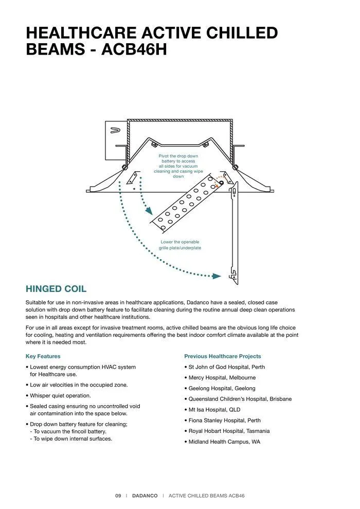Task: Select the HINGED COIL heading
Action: pos(56,289)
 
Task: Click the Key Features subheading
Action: pos(43,356)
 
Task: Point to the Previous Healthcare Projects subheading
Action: pos(222,356)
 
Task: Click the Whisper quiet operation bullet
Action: pos(60,395)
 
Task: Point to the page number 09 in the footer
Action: pos(118,496)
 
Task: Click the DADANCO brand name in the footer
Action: pos(145,496)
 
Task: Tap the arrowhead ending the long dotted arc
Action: pos(217,276)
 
